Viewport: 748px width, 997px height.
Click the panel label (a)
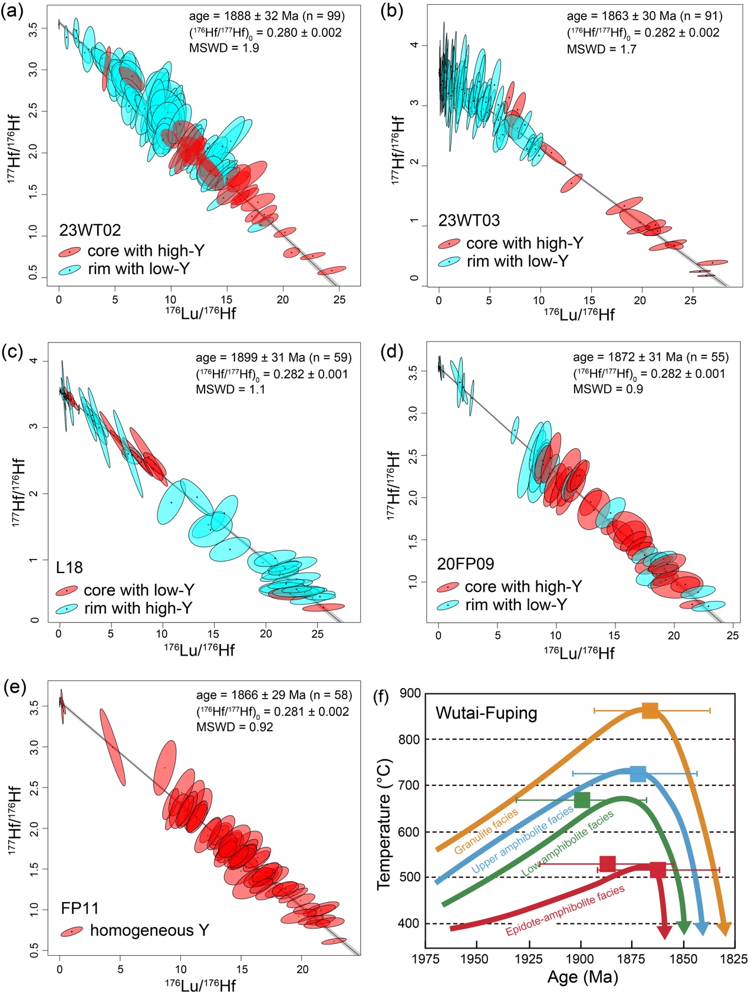tap(12, 12)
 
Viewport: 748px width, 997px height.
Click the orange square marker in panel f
tap(650, 710)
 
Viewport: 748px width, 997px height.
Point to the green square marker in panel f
tap(582, 800)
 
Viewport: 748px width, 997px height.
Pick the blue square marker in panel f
tap(638, 774)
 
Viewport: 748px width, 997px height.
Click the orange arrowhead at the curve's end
tap(724, 928)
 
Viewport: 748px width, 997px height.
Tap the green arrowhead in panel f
tap(683, 928)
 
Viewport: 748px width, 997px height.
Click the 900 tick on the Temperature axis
tap(410, 693)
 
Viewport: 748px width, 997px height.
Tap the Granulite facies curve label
tap(486, 831)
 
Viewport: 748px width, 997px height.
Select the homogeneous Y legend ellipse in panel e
tap(73, 932)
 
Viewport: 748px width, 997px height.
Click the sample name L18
tap(70, 568)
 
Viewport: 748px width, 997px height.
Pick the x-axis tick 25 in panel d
tap(732, 636)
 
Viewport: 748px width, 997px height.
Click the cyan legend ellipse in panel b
tap(449, 262)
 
